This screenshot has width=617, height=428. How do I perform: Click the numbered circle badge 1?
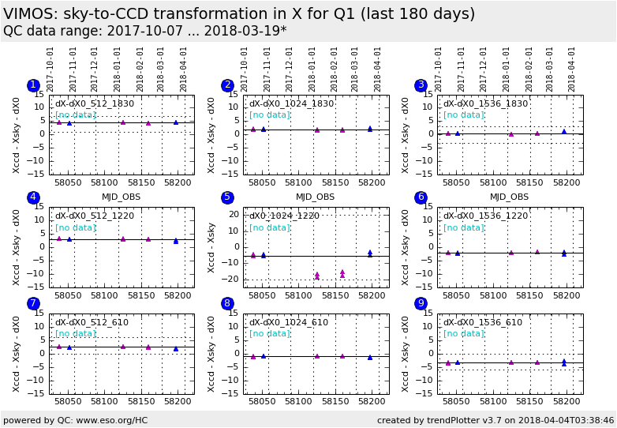pos(33,85)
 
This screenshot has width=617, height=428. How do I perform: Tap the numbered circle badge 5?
pos(227,197)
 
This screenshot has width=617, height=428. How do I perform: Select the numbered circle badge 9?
pos(421,303)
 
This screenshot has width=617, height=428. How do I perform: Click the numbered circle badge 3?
pos(421,85)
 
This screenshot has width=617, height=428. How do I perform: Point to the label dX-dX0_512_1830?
pos(94,103)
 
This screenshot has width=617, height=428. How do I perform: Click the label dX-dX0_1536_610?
pos(482,322)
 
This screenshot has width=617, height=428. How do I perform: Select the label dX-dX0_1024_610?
pos(289,322)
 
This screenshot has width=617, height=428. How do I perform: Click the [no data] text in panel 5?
pos(270,227)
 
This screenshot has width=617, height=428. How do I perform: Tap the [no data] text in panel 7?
pos(76,333)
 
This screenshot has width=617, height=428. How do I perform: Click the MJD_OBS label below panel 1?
pos(121,197)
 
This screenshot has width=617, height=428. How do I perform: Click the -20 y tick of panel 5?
pos(233,279)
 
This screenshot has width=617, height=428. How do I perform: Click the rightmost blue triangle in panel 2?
pos(369,128)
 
